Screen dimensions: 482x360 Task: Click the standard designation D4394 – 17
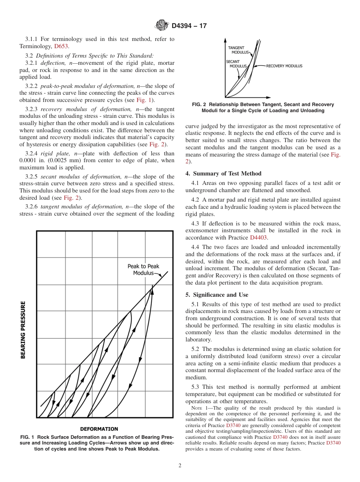[x=189, y=26]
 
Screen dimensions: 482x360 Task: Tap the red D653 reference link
[x=61, y=46]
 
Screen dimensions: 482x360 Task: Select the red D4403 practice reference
[x=258, y=238]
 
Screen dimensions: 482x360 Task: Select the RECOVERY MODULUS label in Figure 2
[x=284, y=66]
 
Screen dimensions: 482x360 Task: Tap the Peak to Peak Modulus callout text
[x=143, y=269]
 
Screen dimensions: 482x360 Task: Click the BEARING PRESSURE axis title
[x=23, y=330]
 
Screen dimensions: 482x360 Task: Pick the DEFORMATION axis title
[x=99, y=429]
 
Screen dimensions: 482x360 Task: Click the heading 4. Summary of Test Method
[x=223, y=174]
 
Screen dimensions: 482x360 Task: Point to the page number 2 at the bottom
[x=180, y=466]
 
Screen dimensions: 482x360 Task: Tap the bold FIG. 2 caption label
[x=199, y=105]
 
